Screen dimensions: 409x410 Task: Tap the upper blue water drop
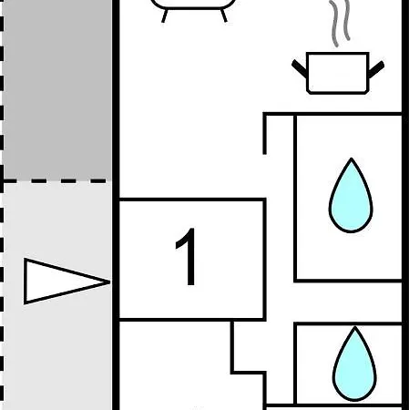pos(351,198)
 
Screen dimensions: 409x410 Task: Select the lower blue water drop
pos(354,366)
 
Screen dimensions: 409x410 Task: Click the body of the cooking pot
pos(338,73)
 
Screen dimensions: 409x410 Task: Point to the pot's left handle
pos(299,68)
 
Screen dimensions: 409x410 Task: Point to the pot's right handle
pos(376,69)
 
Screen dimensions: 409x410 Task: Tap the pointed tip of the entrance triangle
pos(110,282)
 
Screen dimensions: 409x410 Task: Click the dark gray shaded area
pos(57,89)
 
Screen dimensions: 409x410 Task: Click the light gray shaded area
pos(57,334)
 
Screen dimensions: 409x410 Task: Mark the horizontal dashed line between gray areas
pos(56,181)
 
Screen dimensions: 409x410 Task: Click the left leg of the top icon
pos(164,15)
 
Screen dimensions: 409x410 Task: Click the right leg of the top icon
pos(224,15)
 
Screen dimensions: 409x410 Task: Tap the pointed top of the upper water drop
pos(352,159)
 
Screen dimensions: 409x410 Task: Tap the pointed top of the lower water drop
pos(355,327)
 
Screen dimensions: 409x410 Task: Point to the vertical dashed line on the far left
pos(2,205)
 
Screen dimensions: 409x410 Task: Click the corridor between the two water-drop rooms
pos(334,302)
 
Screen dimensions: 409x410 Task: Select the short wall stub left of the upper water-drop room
pos(265,134)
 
